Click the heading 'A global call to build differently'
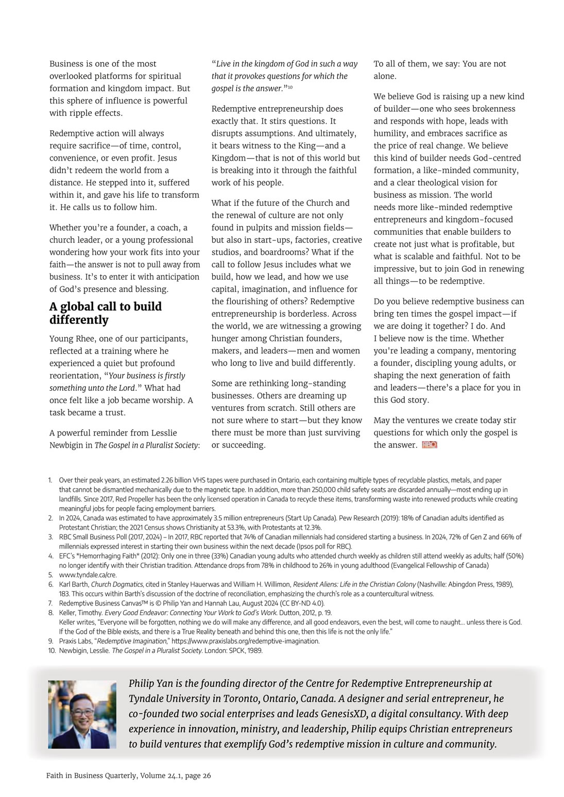[106, 313]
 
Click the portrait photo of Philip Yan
[82, 714]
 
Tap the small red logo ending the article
[429, 445]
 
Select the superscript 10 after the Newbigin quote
[290, 87]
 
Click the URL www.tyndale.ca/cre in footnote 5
[88, 575]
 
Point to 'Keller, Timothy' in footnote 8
[80, 613]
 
